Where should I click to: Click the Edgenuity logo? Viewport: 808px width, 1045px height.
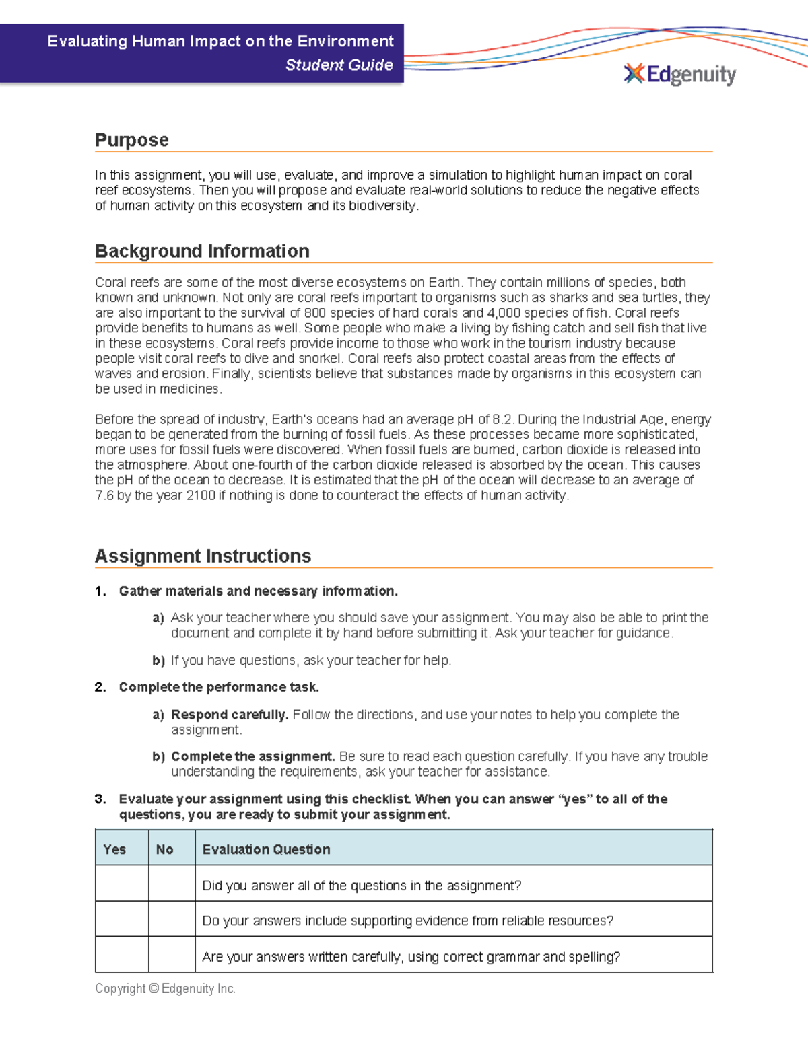[x=680, y=74]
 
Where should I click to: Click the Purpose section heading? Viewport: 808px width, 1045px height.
[x=132, y=140]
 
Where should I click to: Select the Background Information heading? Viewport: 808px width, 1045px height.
[x=202, y=251]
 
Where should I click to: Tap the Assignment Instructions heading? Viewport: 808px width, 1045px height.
[x=203, y=556]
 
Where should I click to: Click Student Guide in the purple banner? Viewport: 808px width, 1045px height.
[x=339, y=65]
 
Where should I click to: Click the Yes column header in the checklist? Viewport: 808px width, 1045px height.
[x=114, y=849]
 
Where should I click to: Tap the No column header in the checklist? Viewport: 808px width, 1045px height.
[x=165, y=849]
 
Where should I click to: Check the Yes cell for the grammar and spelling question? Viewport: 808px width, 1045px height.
[x=122, y=955]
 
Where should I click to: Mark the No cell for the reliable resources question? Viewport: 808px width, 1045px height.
[x=172, y=919]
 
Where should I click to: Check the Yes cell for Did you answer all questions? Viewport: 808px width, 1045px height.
[x=122, y=884]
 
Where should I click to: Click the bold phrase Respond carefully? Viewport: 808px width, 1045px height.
[x=230, y=715]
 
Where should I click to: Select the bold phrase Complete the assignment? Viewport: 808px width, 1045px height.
[x=252, y=756]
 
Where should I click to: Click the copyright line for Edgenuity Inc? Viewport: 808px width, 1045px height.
[x=165, y=988]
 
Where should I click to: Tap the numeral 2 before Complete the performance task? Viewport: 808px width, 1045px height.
[x=100, y=687]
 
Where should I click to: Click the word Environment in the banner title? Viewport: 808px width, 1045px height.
[x=345, y=42]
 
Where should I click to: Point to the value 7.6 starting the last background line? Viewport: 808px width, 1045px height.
[x=104, y=495]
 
